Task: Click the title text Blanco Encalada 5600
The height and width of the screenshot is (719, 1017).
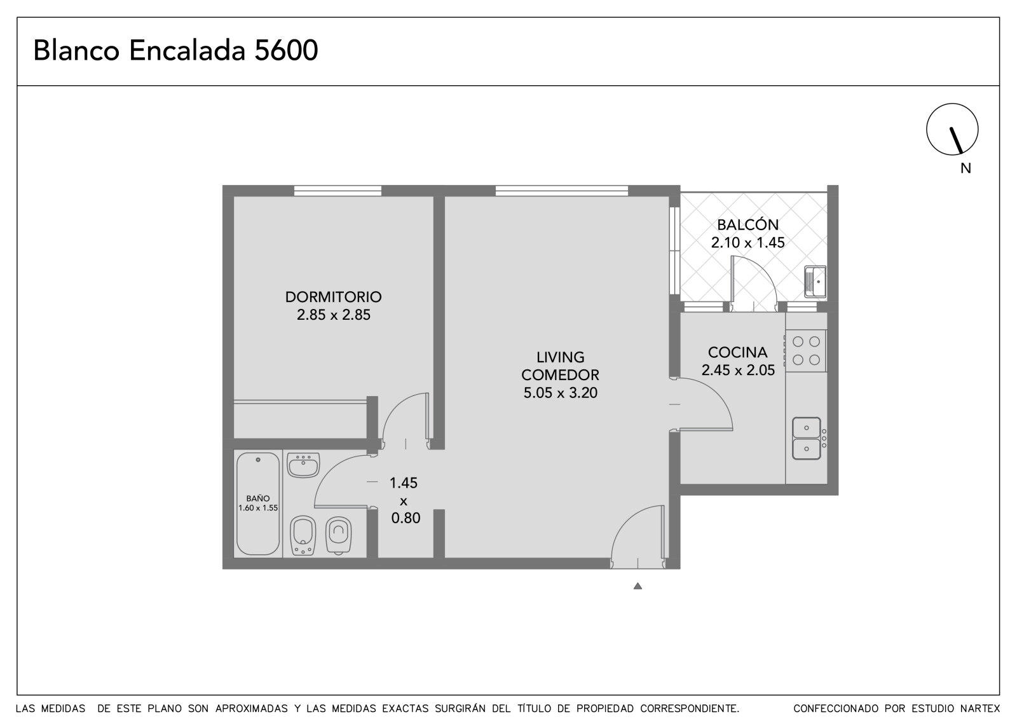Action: point(175,50)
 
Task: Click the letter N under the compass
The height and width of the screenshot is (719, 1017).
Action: point(966,168)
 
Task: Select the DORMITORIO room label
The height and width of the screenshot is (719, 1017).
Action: point(333,297)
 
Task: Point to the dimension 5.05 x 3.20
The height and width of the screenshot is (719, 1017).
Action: point(560,392)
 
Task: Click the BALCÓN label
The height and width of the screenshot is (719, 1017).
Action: point(747,224)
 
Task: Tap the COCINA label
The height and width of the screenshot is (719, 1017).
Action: point(738,352)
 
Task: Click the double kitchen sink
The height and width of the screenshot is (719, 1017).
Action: point(807,439)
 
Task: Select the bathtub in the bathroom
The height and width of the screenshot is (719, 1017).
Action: point(258,503)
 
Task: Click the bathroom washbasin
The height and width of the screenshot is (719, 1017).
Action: point(303,465)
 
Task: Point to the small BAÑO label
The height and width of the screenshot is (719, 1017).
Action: point(258,498)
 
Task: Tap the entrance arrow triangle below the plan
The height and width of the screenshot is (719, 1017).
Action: point(638,586)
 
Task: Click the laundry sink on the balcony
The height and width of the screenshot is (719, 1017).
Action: point(815,282)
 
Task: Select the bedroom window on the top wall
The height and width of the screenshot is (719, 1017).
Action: point(338,191)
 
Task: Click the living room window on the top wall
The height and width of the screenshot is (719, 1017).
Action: point(562,191)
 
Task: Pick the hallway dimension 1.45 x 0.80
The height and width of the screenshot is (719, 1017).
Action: point(404,500)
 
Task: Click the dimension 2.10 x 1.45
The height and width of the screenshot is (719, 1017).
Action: point(747,243)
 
